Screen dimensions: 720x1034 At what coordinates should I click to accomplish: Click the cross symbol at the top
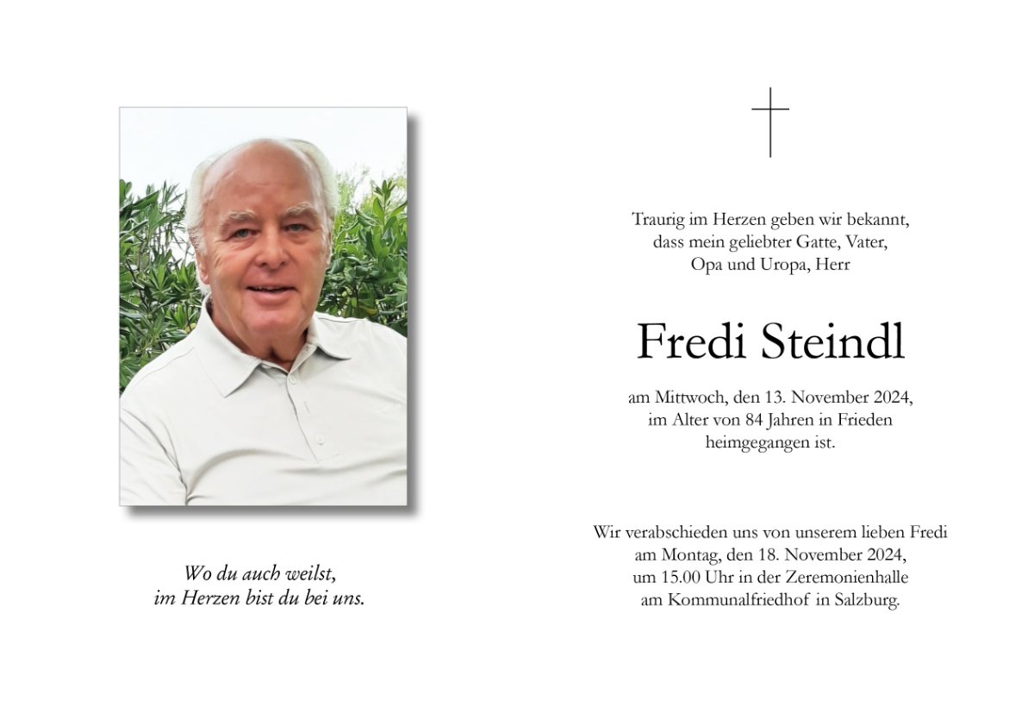(770, 122)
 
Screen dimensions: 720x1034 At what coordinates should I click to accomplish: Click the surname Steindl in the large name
(833, 342)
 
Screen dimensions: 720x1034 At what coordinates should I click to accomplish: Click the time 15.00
(669, 578)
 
